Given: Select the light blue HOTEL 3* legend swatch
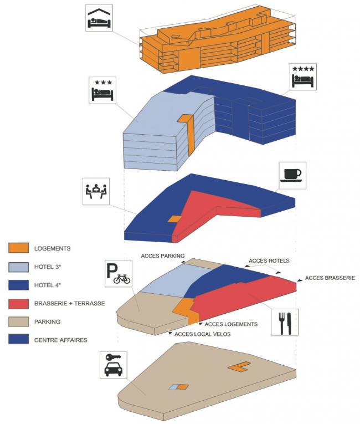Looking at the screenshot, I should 19,267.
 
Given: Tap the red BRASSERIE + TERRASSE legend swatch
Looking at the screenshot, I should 19,303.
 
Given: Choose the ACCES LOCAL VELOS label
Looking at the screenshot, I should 202,334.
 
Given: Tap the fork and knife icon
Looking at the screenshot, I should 285,322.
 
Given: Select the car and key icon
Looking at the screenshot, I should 114,365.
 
